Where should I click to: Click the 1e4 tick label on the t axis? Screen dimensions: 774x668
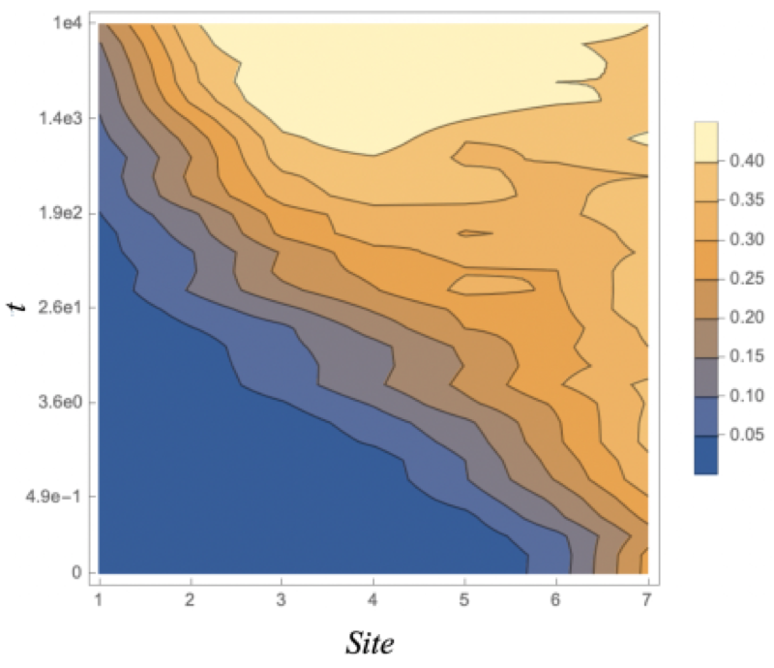68,22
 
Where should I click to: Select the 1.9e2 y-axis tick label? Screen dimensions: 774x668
60,213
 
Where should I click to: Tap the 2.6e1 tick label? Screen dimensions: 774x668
60,307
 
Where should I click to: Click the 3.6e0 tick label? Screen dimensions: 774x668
60,402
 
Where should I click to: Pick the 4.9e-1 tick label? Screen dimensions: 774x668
54,496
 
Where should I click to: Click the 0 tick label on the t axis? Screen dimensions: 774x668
76,573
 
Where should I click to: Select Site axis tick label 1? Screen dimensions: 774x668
100,600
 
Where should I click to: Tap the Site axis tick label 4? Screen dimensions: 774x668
373,600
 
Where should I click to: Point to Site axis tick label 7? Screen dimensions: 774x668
647,600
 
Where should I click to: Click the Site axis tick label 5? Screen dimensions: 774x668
464,600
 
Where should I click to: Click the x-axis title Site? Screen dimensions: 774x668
371,643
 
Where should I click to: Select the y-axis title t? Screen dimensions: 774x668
16,308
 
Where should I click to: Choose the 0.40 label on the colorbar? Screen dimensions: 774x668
746,161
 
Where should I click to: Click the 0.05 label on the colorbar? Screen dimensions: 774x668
746,435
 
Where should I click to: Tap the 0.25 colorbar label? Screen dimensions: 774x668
746,278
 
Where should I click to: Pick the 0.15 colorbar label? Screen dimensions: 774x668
746,356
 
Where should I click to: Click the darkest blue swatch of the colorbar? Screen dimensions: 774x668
706,455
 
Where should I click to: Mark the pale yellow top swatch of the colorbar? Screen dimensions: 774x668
706,141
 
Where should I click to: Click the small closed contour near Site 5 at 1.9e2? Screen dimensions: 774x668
475,233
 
